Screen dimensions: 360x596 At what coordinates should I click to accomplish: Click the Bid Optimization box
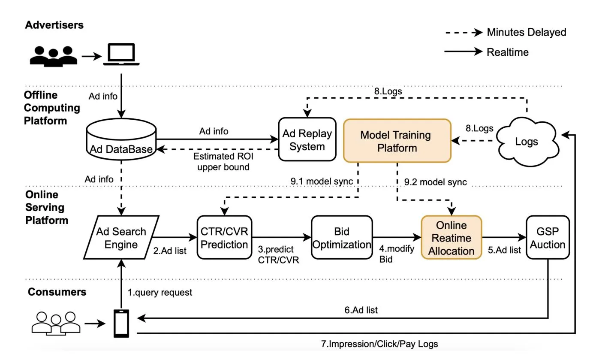(x=341, y=238)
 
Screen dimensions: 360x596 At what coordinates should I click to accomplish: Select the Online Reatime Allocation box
(x=452, y=238)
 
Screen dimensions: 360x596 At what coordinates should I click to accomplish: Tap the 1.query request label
(x=160, y=293)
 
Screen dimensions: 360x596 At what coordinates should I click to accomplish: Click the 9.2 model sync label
(x=435, y=182)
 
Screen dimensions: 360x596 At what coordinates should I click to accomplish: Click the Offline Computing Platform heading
(x=52, y=108)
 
